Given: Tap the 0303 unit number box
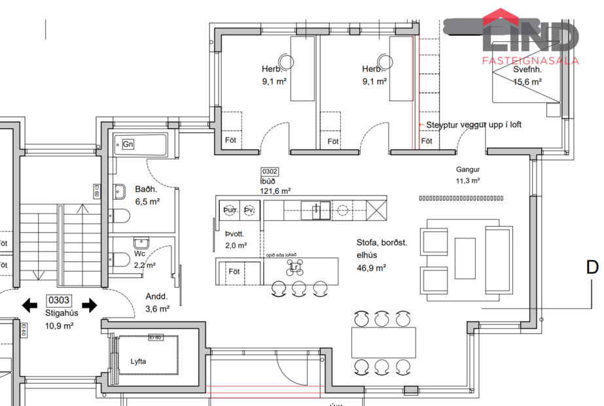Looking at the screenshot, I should click(x=60, y=301).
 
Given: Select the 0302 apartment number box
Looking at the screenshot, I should click(x=270, y=172).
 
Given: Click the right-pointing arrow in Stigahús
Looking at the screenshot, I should click(x=90, y=304).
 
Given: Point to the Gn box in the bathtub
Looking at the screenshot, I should click(x=128, y=144).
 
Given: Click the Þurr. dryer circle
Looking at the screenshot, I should click(x=230, y=210).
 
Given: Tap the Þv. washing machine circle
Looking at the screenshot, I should click(x=249, y=210).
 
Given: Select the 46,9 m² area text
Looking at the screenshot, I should click(x=370, y=267).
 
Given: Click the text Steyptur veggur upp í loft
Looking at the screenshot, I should click(x=474, y=124).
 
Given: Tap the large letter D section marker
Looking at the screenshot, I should click(x=592, y=267).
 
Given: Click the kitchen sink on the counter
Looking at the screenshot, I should click(x=319, y=210).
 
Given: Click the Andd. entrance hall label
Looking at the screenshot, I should click(x=156, y=295).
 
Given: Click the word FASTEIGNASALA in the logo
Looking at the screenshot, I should click(x=530, y=60).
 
